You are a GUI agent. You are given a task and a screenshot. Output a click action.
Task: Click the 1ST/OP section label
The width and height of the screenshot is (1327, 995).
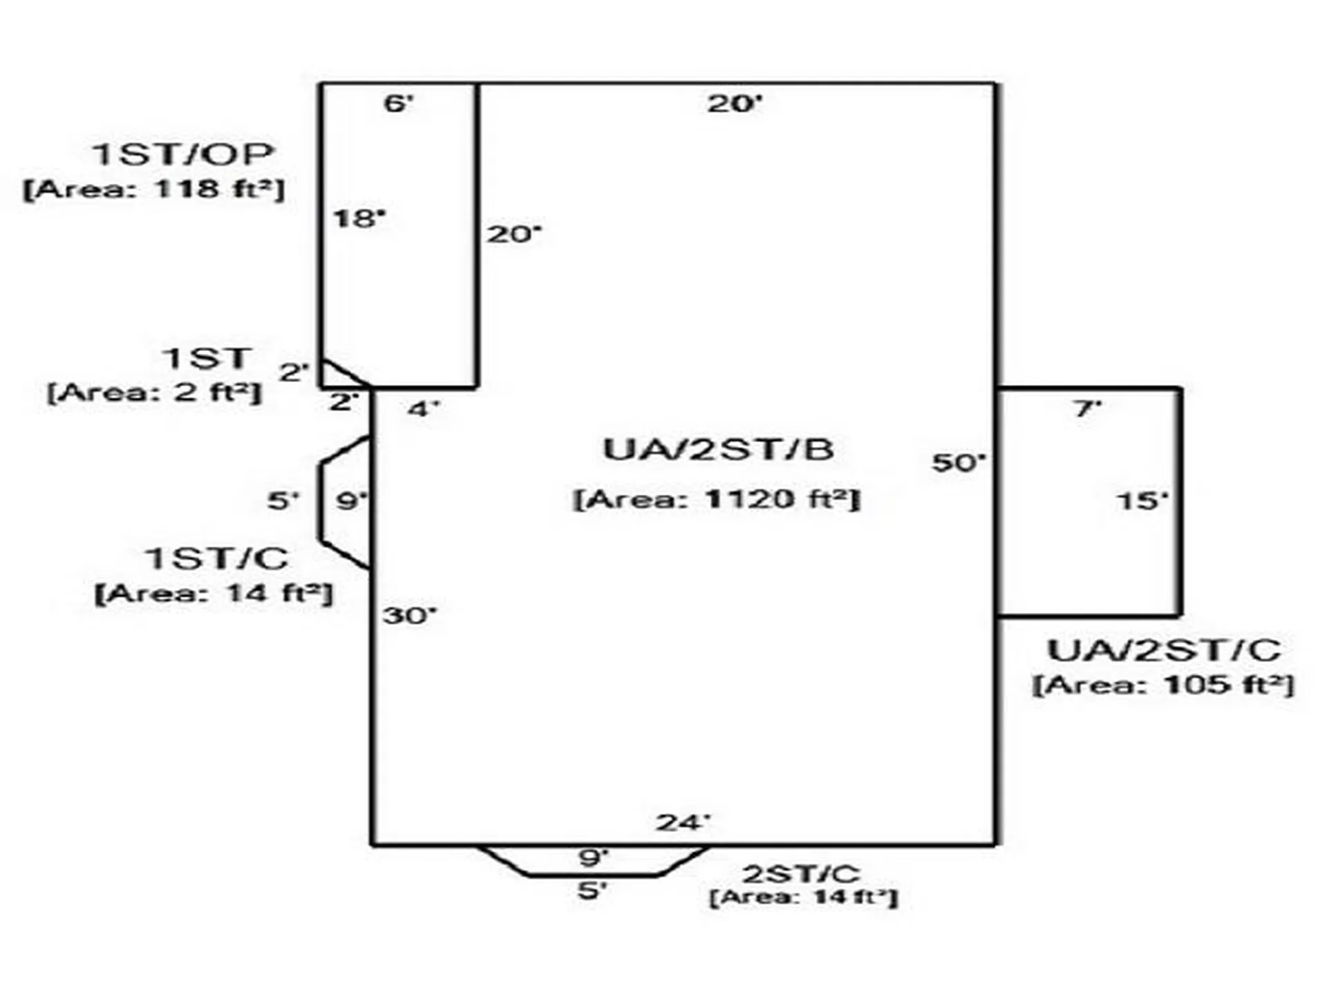coord(182,153)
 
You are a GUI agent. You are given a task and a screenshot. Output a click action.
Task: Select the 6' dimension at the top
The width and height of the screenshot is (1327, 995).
coord(399,104)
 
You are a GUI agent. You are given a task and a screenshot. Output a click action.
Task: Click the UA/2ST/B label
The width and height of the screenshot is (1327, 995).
coord(719,449)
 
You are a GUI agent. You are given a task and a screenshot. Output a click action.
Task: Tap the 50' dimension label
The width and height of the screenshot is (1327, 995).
coord(959,462)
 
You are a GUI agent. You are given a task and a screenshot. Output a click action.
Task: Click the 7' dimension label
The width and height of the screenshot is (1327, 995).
coord(1087,408)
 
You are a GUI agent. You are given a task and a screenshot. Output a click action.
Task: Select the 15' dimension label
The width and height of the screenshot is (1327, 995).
coord(1142,500)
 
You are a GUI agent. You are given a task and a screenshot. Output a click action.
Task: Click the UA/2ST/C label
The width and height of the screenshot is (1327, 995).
coord(1164,650)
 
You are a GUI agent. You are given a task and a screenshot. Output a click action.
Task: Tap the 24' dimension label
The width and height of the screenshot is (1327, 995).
coord(683,822)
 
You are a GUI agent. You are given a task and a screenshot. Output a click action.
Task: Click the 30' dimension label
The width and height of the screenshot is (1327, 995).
coord(411,615)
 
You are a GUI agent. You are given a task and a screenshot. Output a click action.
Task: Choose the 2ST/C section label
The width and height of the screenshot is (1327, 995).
coord(801,873)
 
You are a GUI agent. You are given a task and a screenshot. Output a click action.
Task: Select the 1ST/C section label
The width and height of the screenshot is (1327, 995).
coord(216,558)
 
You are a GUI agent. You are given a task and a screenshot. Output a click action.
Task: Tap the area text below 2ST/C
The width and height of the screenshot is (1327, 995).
coord(804,898)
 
